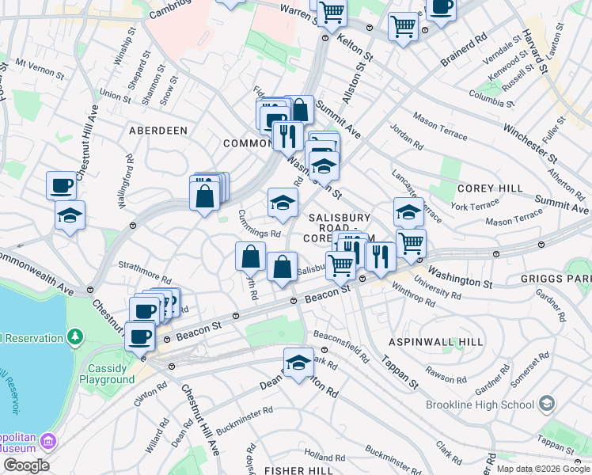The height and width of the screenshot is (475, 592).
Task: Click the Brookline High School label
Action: [x=480, y=405]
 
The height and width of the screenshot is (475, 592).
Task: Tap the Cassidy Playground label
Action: [x=107, y=374]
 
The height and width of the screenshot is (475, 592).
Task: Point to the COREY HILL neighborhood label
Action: [x=490, y=188]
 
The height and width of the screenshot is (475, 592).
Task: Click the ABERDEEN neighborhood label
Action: [x=158, y=130]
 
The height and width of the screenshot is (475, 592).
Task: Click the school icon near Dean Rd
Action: [x=298, y=363]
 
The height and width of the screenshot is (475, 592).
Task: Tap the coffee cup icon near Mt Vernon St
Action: [x=61, y=186]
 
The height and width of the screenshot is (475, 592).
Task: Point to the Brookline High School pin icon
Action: [x=545, y=405]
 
